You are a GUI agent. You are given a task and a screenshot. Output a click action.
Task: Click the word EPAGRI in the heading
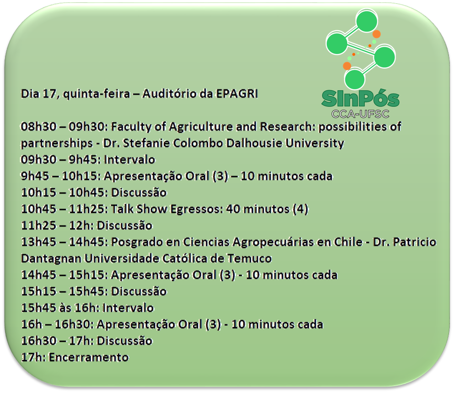pyautogui.click(x=237, y=94)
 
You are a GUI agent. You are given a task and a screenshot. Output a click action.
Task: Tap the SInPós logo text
pyautogui.click(x=361, y=98)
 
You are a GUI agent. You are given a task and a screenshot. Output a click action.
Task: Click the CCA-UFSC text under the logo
pyautogui.click(x=361, y=114)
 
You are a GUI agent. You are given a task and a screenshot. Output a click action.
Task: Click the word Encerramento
pyautogui.click(x=89, y=357)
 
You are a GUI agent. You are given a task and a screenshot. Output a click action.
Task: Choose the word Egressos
pyautogui.click(x=197, y=209)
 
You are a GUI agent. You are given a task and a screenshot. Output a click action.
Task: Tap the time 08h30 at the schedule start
pyautogui.click(x=38, y=127)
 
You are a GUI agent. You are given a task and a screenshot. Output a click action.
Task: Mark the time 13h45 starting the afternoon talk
pyautogui.click(x=38, y=242)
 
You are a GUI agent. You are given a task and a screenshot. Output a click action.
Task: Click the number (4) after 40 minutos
pyautogui.click(x=300, y=209)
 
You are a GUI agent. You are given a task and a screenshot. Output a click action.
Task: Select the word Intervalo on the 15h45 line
pyautogui.click(x=128, y=308)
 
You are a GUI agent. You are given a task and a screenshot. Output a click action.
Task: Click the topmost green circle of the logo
pyautogui.click(x=367, y=21)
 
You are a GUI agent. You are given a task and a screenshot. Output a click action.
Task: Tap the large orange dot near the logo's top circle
pyautogui.click(x=376, y=34)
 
